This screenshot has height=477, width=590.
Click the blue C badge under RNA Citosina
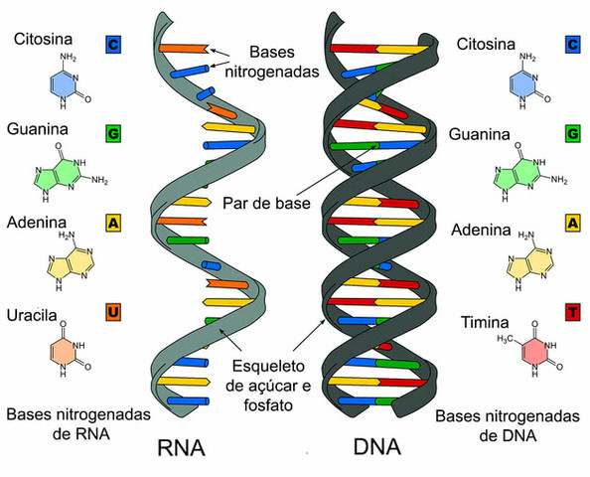point(114,45)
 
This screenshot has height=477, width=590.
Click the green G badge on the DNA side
point(573,133)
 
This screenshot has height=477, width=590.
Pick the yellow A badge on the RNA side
point(114,224)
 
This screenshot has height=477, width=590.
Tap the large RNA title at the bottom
point(180,447)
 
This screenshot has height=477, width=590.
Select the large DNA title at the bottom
point(377,447)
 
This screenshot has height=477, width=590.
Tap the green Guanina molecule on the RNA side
point(63,175)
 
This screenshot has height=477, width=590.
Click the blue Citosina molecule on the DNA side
point(522,84)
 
